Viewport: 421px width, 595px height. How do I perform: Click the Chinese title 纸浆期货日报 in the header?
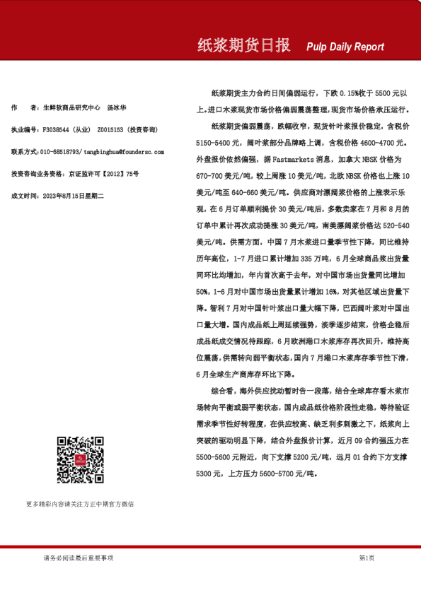(x=243, y=46)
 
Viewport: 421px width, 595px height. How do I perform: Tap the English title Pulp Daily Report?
(x=345, y=47)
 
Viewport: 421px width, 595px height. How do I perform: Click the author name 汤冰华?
(x=117, y=108)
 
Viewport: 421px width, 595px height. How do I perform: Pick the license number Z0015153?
(x=110, y=130)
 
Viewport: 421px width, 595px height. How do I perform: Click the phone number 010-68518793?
(x=60, y=152)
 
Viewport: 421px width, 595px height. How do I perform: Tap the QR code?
(x=81, y=460)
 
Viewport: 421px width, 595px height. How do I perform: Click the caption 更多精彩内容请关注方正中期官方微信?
(x=80, y=505)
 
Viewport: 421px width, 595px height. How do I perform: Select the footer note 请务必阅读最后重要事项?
(x=79, y=558)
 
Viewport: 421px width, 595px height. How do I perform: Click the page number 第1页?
(x=367, y=558)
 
